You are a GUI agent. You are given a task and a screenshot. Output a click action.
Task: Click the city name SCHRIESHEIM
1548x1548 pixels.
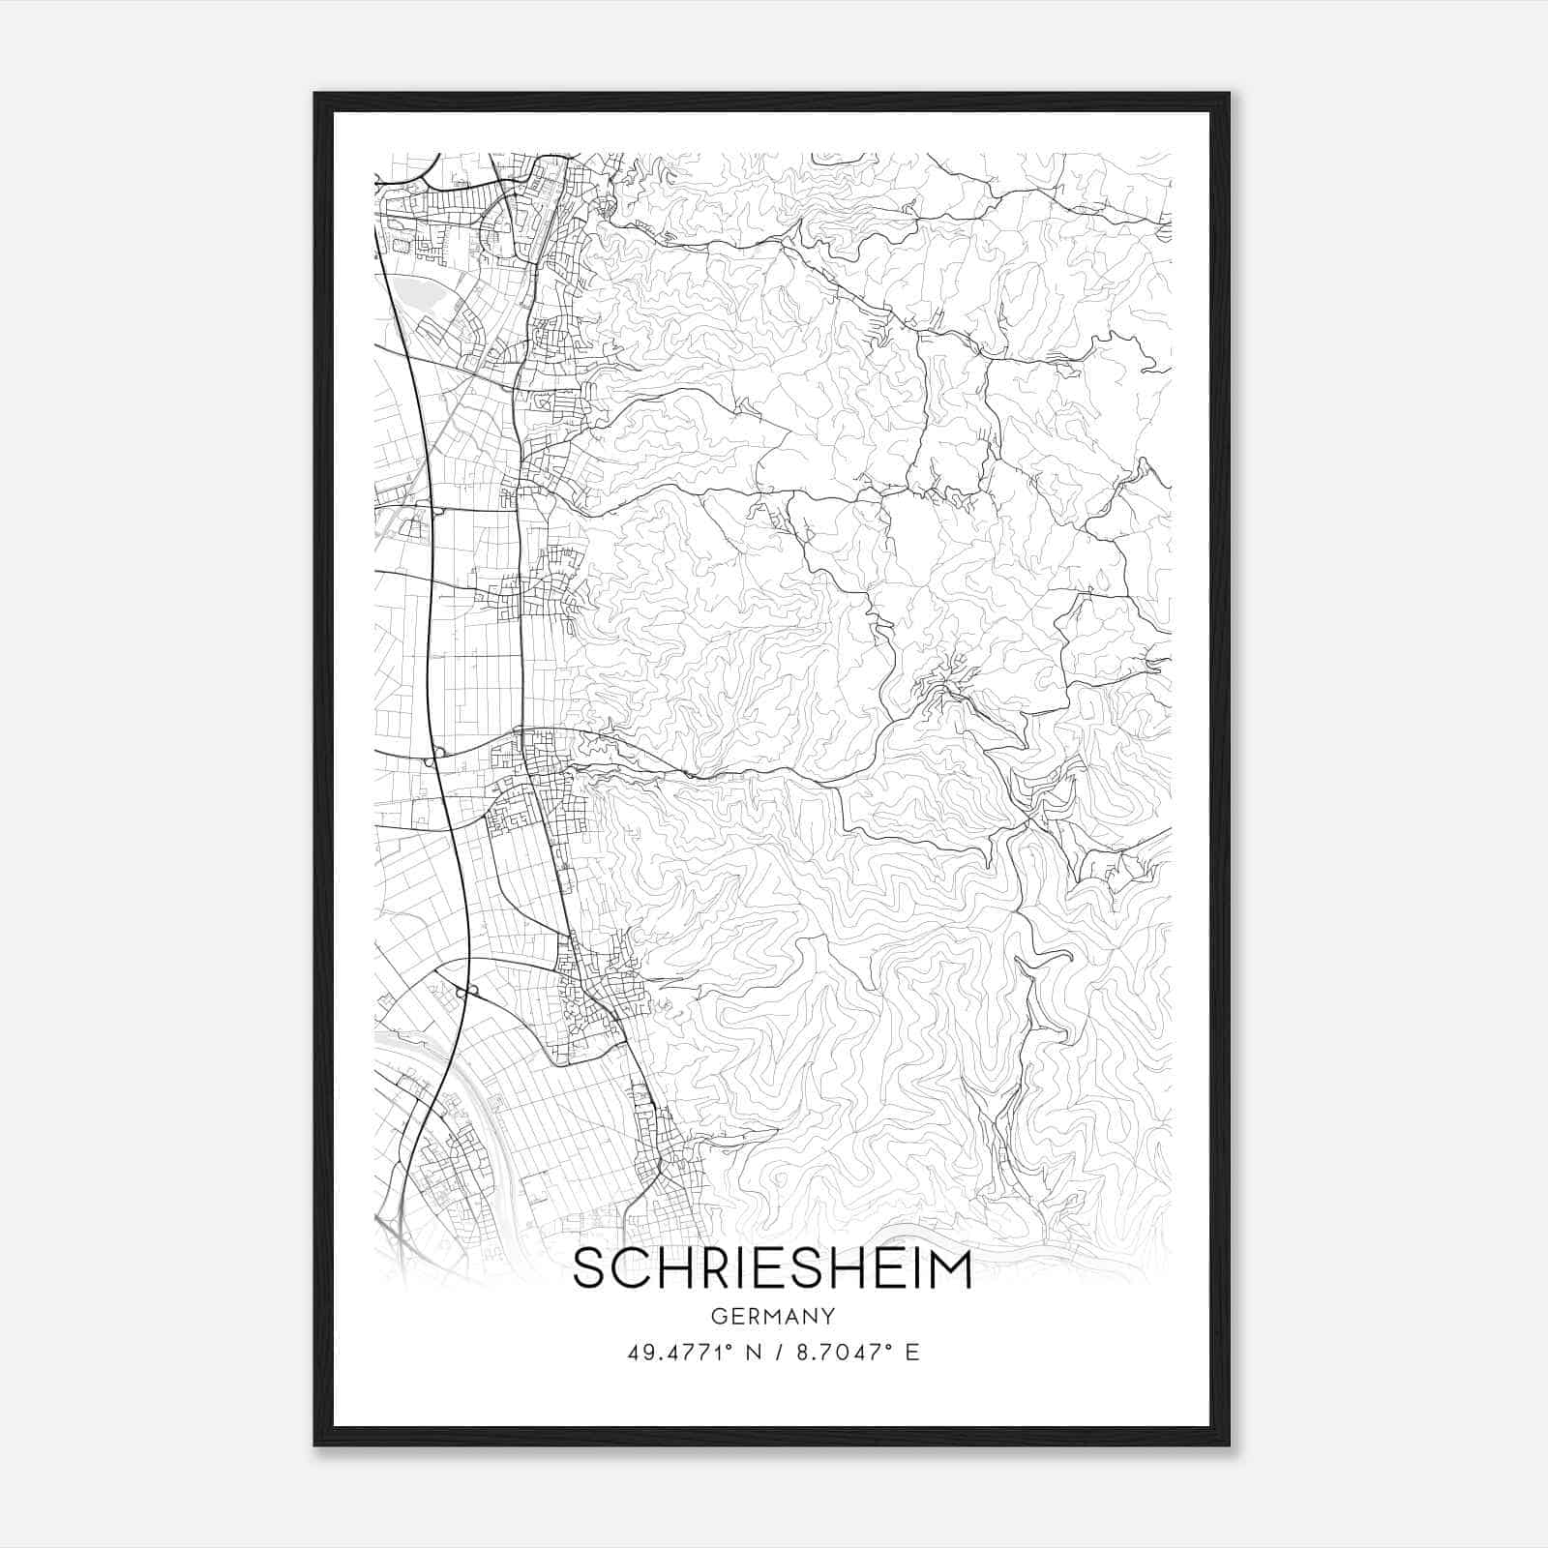(x=772, y=1269)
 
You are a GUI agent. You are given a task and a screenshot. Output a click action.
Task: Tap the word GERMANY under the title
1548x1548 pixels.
(x=773, y=1316)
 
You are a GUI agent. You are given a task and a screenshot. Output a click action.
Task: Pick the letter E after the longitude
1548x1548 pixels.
(x=911, y=1352)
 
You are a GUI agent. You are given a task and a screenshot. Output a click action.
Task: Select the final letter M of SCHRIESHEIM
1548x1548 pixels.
(x=948, y=1269)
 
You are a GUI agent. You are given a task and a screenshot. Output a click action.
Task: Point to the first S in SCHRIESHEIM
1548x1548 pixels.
(x=590, y=1269)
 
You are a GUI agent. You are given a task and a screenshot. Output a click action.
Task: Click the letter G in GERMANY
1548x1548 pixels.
(x=718, y=1316)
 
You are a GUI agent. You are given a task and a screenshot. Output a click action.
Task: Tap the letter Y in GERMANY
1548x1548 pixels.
(x=829, y=1316)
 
